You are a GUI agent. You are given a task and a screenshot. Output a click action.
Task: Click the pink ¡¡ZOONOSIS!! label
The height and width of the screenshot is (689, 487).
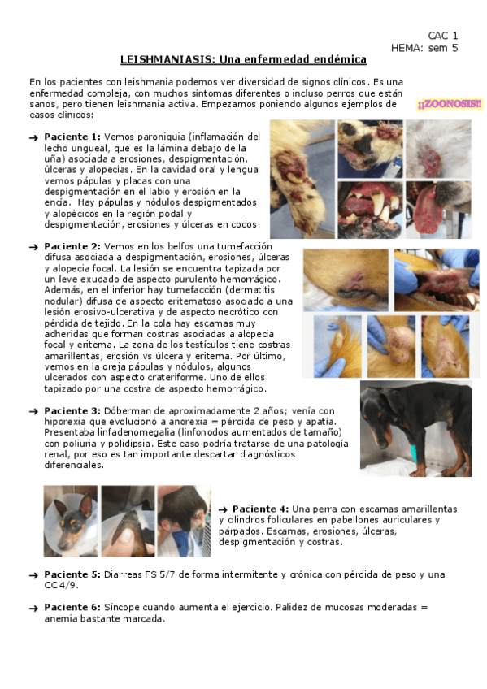[x=450, y=104]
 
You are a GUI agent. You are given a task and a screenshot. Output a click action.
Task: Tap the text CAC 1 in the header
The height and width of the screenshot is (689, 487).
[x=442, y=36]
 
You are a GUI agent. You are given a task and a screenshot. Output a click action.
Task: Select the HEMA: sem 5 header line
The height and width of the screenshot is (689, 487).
[x=424, y=48]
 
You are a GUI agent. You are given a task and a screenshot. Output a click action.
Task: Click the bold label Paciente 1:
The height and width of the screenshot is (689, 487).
[x=72, y=136]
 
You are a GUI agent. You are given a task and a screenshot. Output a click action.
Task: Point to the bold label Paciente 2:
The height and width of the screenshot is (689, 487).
[x=72, y=246]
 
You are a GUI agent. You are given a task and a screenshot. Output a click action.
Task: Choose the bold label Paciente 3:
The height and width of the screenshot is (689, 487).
[x=72, y=411]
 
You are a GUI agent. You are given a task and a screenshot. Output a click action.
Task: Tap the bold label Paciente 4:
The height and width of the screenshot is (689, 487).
[x=261, y=509]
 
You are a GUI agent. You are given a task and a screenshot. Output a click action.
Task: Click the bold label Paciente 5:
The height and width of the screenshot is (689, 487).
[x=72, y=574]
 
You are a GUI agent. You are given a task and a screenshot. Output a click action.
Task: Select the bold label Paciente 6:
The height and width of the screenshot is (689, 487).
[x=72, y=607]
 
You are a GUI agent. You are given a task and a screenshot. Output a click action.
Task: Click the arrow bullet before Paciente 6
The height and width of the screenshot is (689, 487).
[x=33, y=608]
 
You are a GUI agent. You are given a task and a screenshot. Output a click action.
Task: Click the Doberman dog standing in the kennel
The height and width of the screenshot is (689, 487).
[x=415, y=428]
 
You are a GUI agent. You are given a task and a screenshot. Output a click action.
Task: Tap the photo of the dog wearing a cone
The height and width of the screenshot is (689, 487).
[x=70, y=521]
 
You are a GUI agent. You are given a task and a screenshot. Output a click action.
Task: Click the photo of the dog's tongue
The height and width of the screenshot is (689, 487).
[x=438, y=210]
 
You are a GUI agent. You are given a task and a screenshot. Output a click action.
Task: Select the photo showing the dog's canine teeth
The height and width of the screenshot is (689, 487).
[x=370, y=210]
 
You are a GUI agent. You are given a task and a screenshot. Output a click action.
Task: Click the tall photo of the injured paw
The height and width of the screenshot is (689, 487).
[x=302, y=180]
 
